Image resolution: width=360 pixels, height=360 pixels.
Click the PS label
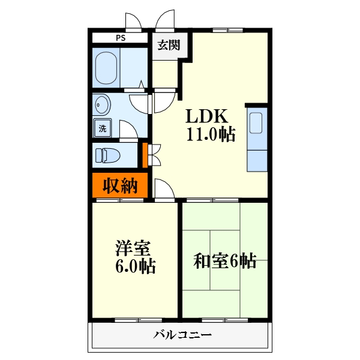(x=121, y=38)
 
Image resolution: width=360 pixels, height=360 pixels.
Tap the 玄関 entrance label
(x=169, y=45)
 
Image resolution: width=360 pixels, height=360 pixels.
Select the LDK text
(x=206, y=116)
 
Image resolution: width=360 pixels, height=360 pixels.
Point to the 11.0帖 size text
(x=211, y=134)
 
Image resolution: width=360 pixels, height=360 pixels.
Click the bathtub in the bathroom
(x=106, y=68)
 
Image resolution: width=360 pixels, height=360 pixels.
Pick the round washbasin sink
(x=102, y=104)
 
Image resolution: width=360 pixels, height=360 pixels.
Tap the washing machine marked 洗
(x=103, y=128)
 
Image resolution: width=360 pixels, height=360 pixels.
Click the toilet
(x=107, y=155)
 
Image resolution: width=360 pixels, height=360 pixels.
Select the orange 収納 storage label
(x=120, y=185)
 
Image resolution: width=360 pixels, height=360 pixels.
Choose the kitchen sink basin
(x=256, y=123)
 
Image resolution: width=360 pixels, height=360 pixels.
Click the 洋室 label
(x=133, y=248)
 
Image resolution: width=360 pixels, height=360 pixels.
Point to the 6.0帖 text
(x=135, y=266)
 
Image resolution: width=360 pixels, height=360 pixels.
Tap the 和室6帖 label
(x=224, y=261)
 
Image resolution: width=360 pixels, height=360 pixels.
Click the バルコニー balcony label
(x=182, y=335)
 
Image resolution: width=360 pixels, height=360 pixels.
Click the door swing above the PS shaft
(x=133, y=22)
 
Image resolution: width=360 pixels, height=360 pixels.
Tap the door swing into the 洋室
(x=164, y=189)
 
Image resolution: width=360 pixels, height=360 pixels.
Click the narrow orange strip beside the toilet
(x=145, y=155)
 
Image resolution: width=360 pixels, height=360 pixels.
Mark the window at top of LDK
(x=228, y=30)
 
